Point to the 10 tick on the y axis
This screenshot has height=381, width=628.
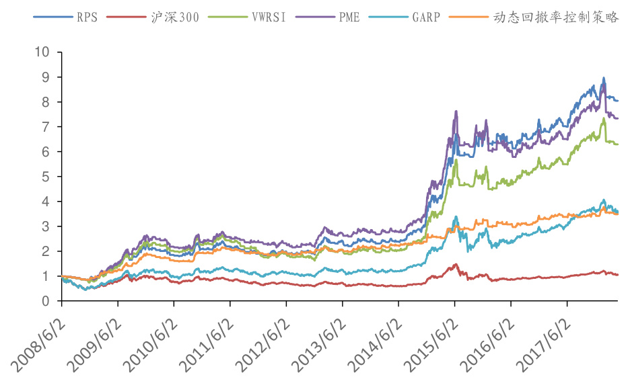42,52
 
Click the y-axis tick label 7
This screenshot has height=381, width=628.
46,127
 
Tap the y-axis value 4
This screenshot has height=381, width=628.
46,202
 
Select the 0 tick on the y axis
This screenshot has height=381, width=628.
46,301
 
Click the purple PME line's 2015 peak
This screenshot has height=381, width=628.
456,112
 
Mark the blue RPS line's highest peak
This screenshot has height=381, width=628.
604,78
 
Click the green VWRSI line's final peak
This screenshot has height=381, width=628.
604,119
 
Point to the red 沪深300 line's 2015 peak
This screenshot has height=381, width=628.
456,264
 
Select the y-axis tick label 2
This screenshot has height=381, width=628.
46,251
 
